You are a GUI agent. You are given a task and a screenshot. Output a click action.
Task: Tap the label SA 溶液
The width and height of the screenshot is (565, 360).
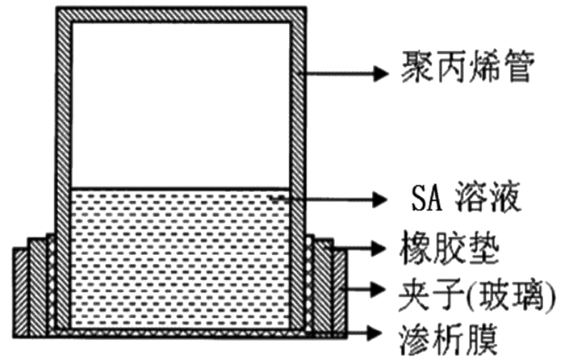[471, 197]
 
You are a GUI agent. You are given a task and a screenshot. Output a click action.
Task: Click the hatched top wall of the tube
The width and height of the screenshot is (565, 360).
[181, 15]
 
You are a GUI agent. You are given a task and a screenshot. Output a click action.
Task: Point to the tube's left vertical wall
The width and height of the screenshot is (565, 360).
[63, 161]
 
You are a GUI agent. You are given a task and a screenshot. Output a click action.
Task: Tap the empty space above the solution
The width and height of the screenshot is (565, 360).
[181, 105]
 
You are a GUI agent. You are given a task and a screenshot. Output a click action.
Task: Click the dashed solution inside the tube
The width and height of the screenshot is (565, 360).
[181, 258]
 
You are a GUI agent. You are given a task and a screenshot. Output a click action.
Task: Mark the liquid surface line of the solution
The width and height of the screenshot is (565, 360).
[181, 189]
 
